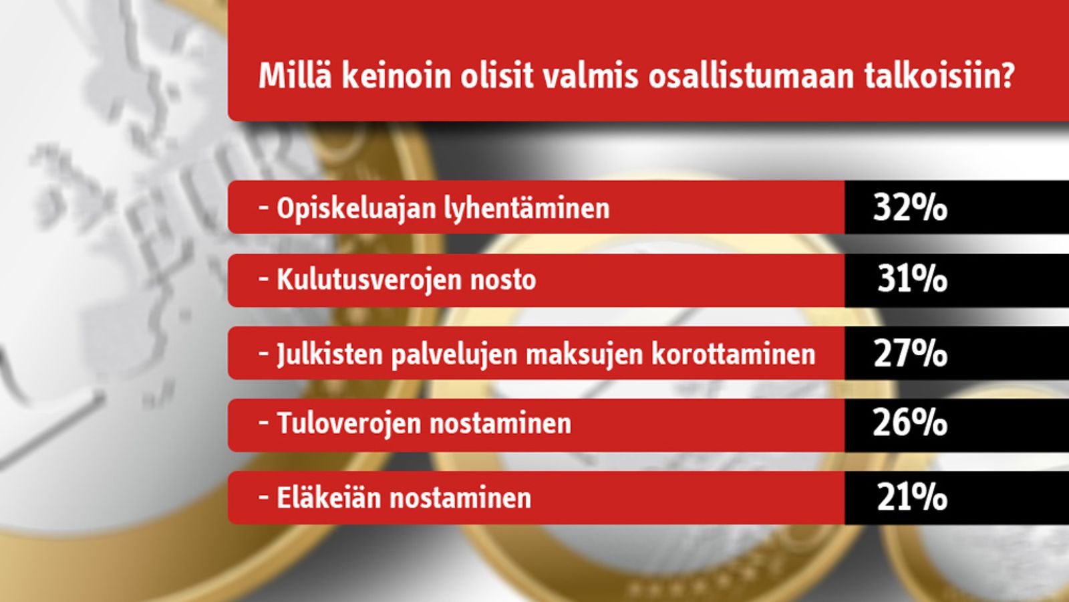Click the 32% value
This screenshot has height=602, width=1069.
[x=910, y=208]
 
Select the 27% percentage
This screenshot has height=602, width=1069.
[x=910, y=354]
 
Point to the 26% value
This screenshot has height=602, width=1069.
[x=910, y=423]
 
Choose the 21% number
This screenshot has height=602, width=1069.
[x=912, y=497]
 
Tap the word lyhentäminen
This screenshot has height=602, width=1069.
[x=527, y=209]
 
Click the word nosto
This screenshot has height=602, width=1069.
[x=503, y=281]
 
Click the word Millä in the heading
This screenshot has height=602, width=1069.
[x=295, y=76]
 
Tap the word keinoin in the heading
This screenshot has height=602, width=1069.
[x=396, y=76]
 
